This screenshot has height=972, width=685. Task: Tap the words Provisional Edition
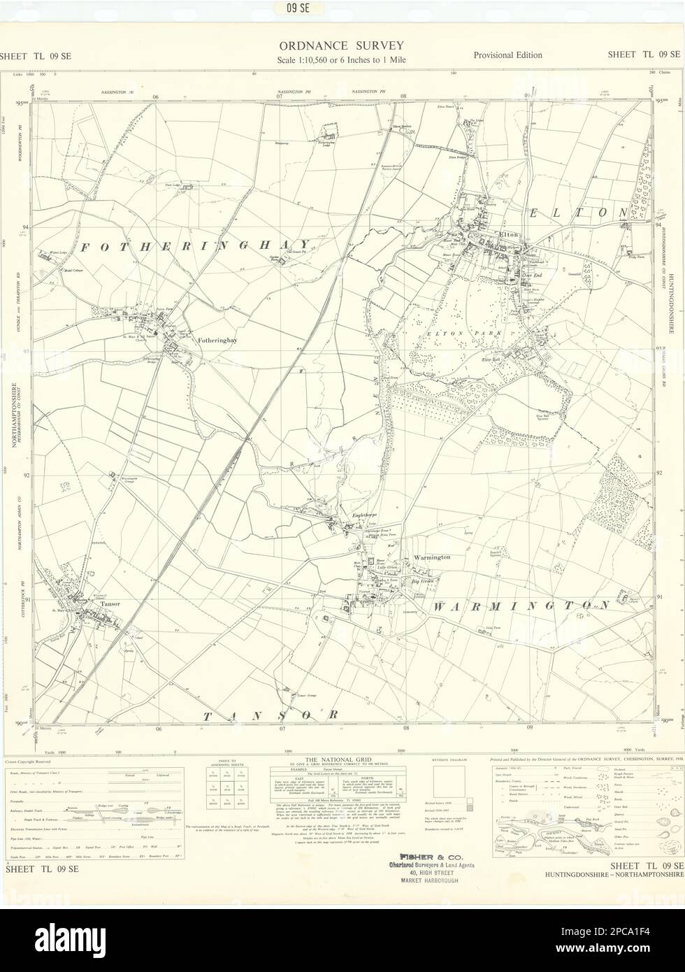(507, 55)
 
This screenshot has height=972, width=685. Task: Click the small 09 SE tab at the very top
(342, 8)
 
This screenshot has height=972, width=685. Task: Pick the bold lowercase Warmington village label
(431, 557)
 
